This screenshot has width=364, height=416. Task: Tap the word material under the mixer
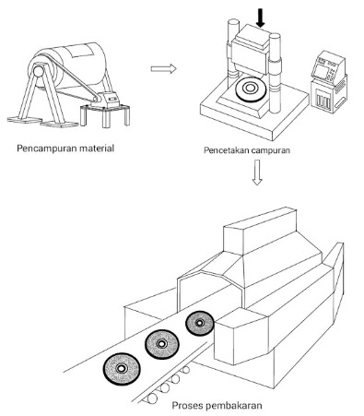click(x=97, y=149)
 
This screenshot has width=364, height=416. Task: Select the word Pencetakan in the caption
click(x=226, y=150)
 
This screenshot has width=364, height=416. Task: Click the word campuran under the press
click(x=270, y=150)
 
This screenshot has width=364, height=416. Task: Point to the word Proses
click(x=187, y=406)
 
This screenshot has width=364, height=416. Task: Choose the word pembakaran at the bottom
click(x=234, y=406)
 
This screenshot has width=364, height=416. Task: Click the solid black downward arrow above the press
click(x=261, y=18)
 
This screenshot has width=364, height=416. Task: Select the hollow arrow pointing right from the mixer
click(x=163, y=68)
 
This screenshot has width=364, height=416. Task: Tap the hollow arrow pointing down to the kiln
click(x=257, y=172)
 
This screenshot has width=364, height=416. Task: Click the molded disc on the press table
click(x=250, y=89)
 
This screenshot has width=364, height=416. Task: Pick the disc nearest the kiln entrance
click(x=200, y=323)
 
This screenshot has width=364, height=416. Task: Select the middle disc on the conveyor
click(x=161, y=344)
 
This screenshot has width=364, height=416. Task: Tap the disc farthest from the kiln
click(x=122, y=369)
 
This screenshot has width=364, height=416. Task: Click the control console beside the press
click(x=329, y=81)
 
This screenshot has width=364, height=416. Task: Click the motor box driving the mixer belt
click(x=111, y=100)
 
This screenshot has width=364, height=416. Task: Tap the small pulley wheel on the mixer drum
click(x=39, y=72)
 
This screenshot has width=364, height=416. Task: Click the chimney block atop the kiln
click(x=260, y=230)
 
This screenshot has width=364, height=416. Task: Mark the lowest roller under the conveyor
click(x=152, y=398)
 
